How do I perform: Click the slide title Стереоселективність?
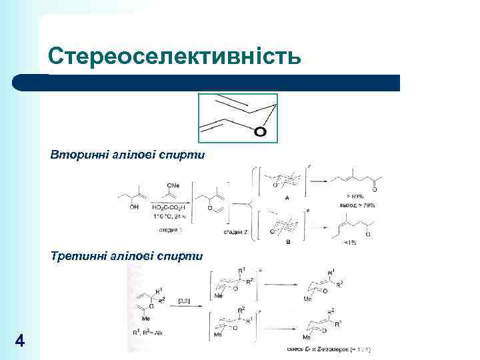175,56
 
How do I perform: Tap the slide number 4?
20,341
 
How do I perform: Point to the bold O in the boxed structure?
261,132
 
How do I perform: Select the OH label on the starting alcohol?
135,207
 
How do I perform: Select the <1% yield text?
349,242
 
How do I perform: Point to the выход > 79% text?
360,205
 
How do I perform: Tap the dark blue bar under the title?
207,83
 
